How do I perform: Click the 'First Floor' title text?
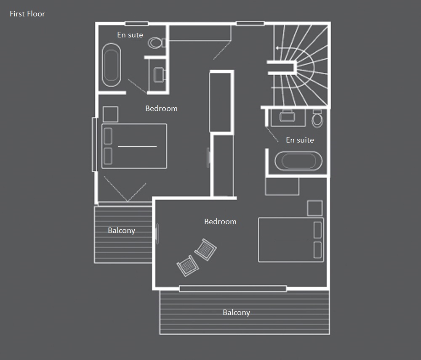point(27,14)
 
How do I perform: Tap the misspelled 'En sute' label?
point(130,35)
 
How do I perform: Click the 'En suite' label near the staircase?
point(300,140)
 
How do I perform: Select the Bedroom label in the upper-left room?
point(161,109)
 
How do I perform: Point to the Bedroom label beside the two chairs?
point(220,222)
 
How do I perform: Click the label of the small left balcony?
point(121,231)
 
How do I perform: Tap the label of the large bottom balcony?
point(236,313)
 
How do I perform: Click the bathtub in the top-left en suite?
point(111,65)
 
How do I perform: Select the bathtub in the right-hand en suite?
point(298,161)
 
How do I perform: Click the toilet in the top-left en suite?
point(156,42)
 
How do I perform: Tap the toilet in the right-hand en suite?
point(317,119)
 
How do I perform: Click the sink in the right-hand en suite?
point(287,116)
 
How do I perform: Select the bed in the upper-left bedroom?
point(134,146)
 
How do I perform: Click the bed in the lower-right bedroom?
point(291,240)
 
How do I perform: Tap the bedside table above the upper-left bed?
point(110,114)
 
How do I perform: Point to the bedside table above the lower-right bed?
point(314,208)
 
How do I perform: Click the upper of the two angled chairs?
point(205,250)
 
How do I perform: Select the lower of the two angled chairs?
point(188,265)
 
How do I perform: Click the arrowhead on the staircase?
point(277,48)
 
